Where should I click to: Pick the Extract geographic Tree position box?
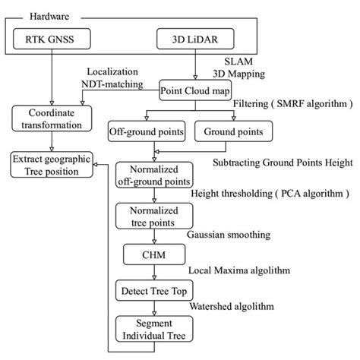[50, 165]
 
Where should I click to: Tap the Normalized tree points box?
[155, 216]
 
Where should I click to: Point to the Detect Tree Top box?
[155, 291]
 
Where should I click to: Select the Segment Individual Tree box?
[155, 330]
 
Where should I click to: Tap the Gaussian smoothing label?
[233, 235]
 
